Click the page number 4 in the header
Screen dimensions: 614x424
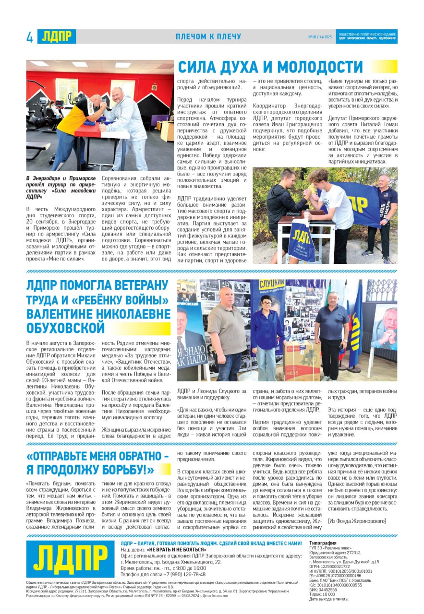30,37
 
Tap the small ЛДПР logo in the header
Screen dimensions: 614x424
57,36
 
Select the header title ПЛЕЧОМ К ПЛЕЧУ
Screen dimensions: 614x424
208,37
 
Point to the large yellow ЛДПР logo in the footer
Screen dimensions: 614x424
70,558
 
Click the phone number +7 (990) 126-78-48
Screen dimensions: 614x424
183,574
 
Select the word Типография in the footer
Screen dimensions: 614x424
323,543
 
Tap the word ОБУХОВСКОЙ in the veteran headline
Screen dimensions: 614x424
65,328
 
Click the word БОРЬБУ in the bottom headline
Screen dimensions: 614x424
124,470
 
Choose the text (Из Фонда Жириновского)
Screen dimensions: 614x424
357,520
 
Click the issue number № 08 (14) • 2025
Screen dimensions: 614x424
320,37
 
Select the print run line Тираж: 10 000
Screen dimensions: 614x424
322,594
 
